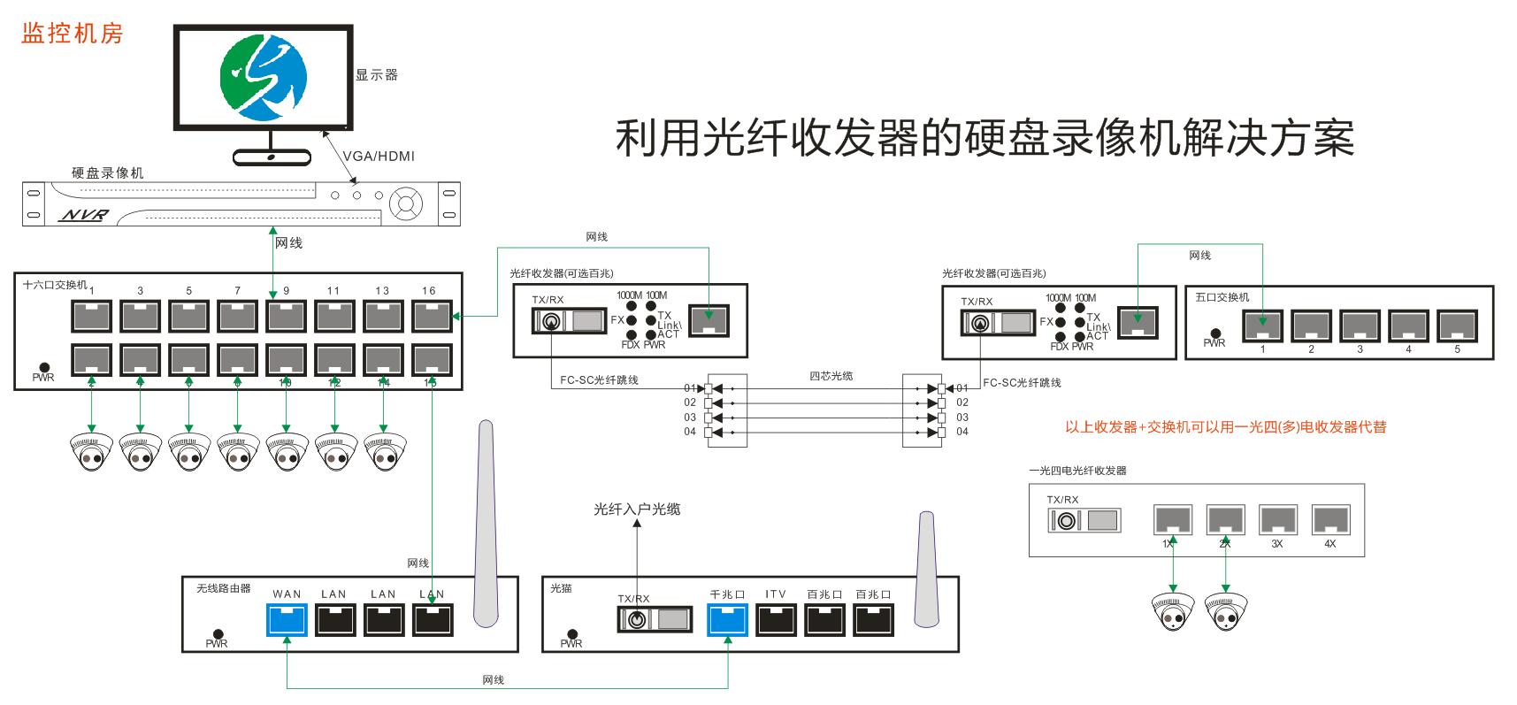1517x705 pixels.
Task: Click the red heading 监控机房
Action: click(x=72, y=34)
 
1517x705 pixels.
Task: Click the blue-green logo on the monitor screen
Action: click(x=264, y=77)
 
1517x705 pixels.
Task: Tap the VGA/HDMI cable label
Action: click(x=379, y=157)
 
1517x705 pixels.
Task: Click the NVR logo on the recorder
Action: click(x=83, y=215)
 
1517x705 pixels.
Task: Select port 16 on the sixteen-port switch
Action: click(x=432, y=317)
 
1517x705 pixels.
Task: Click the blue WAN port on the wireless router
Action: click(x=287, y=619)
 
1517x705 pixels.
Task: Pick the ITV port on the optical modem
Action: click(x=776, y=619)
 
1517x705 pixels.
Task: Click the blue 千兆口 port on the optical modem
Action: click(x=728, y=619)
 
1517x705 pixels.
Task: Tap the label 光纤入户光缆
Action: click(x=637, y=510)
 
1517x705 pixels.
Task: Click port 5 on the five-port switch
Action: click(x=1457, y=326)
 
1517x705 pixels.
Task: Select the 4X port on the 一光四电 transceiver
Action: click(x=1329, y=519)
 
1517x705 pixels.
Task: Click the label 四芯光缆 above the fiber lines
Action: click(x=831, y=376)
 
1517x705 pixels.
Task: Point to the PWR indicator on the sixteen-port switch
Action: click(x=42, y=367)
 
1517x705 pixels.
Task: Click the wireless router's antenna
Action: click(x=485, y=522)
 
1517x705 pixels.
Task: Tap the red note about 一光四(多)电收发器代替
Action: click(x=1225, y=427)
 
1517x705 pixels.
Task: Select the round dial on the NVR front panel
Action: click(x=405, y=203)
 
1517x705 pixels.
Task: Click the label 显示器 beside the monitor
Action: click(x=377, y=75)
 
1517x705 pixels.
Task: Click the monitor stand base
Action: click(x=272, y=157)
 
